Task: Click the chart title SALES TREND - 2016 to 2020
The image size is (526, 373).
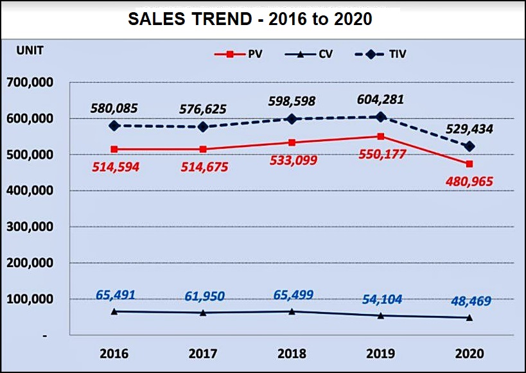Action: coord(250,19)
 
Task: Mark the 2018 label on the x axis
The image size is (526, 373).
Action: coord(292,354)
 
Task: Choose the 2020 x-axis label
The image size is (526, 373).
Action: coord(469,354)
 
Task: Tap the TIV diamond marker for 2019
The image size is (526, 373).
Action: coord(381,117)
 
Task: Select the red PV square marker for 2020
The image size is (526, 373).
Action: coord(469,164)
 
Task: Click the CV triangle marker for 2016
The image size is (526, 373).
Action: coord(114,311)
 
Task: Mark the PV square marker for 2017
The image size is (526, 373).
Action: coord(203,150)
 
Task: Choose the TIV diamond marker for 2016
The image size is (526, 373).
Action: coord(114,126)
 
